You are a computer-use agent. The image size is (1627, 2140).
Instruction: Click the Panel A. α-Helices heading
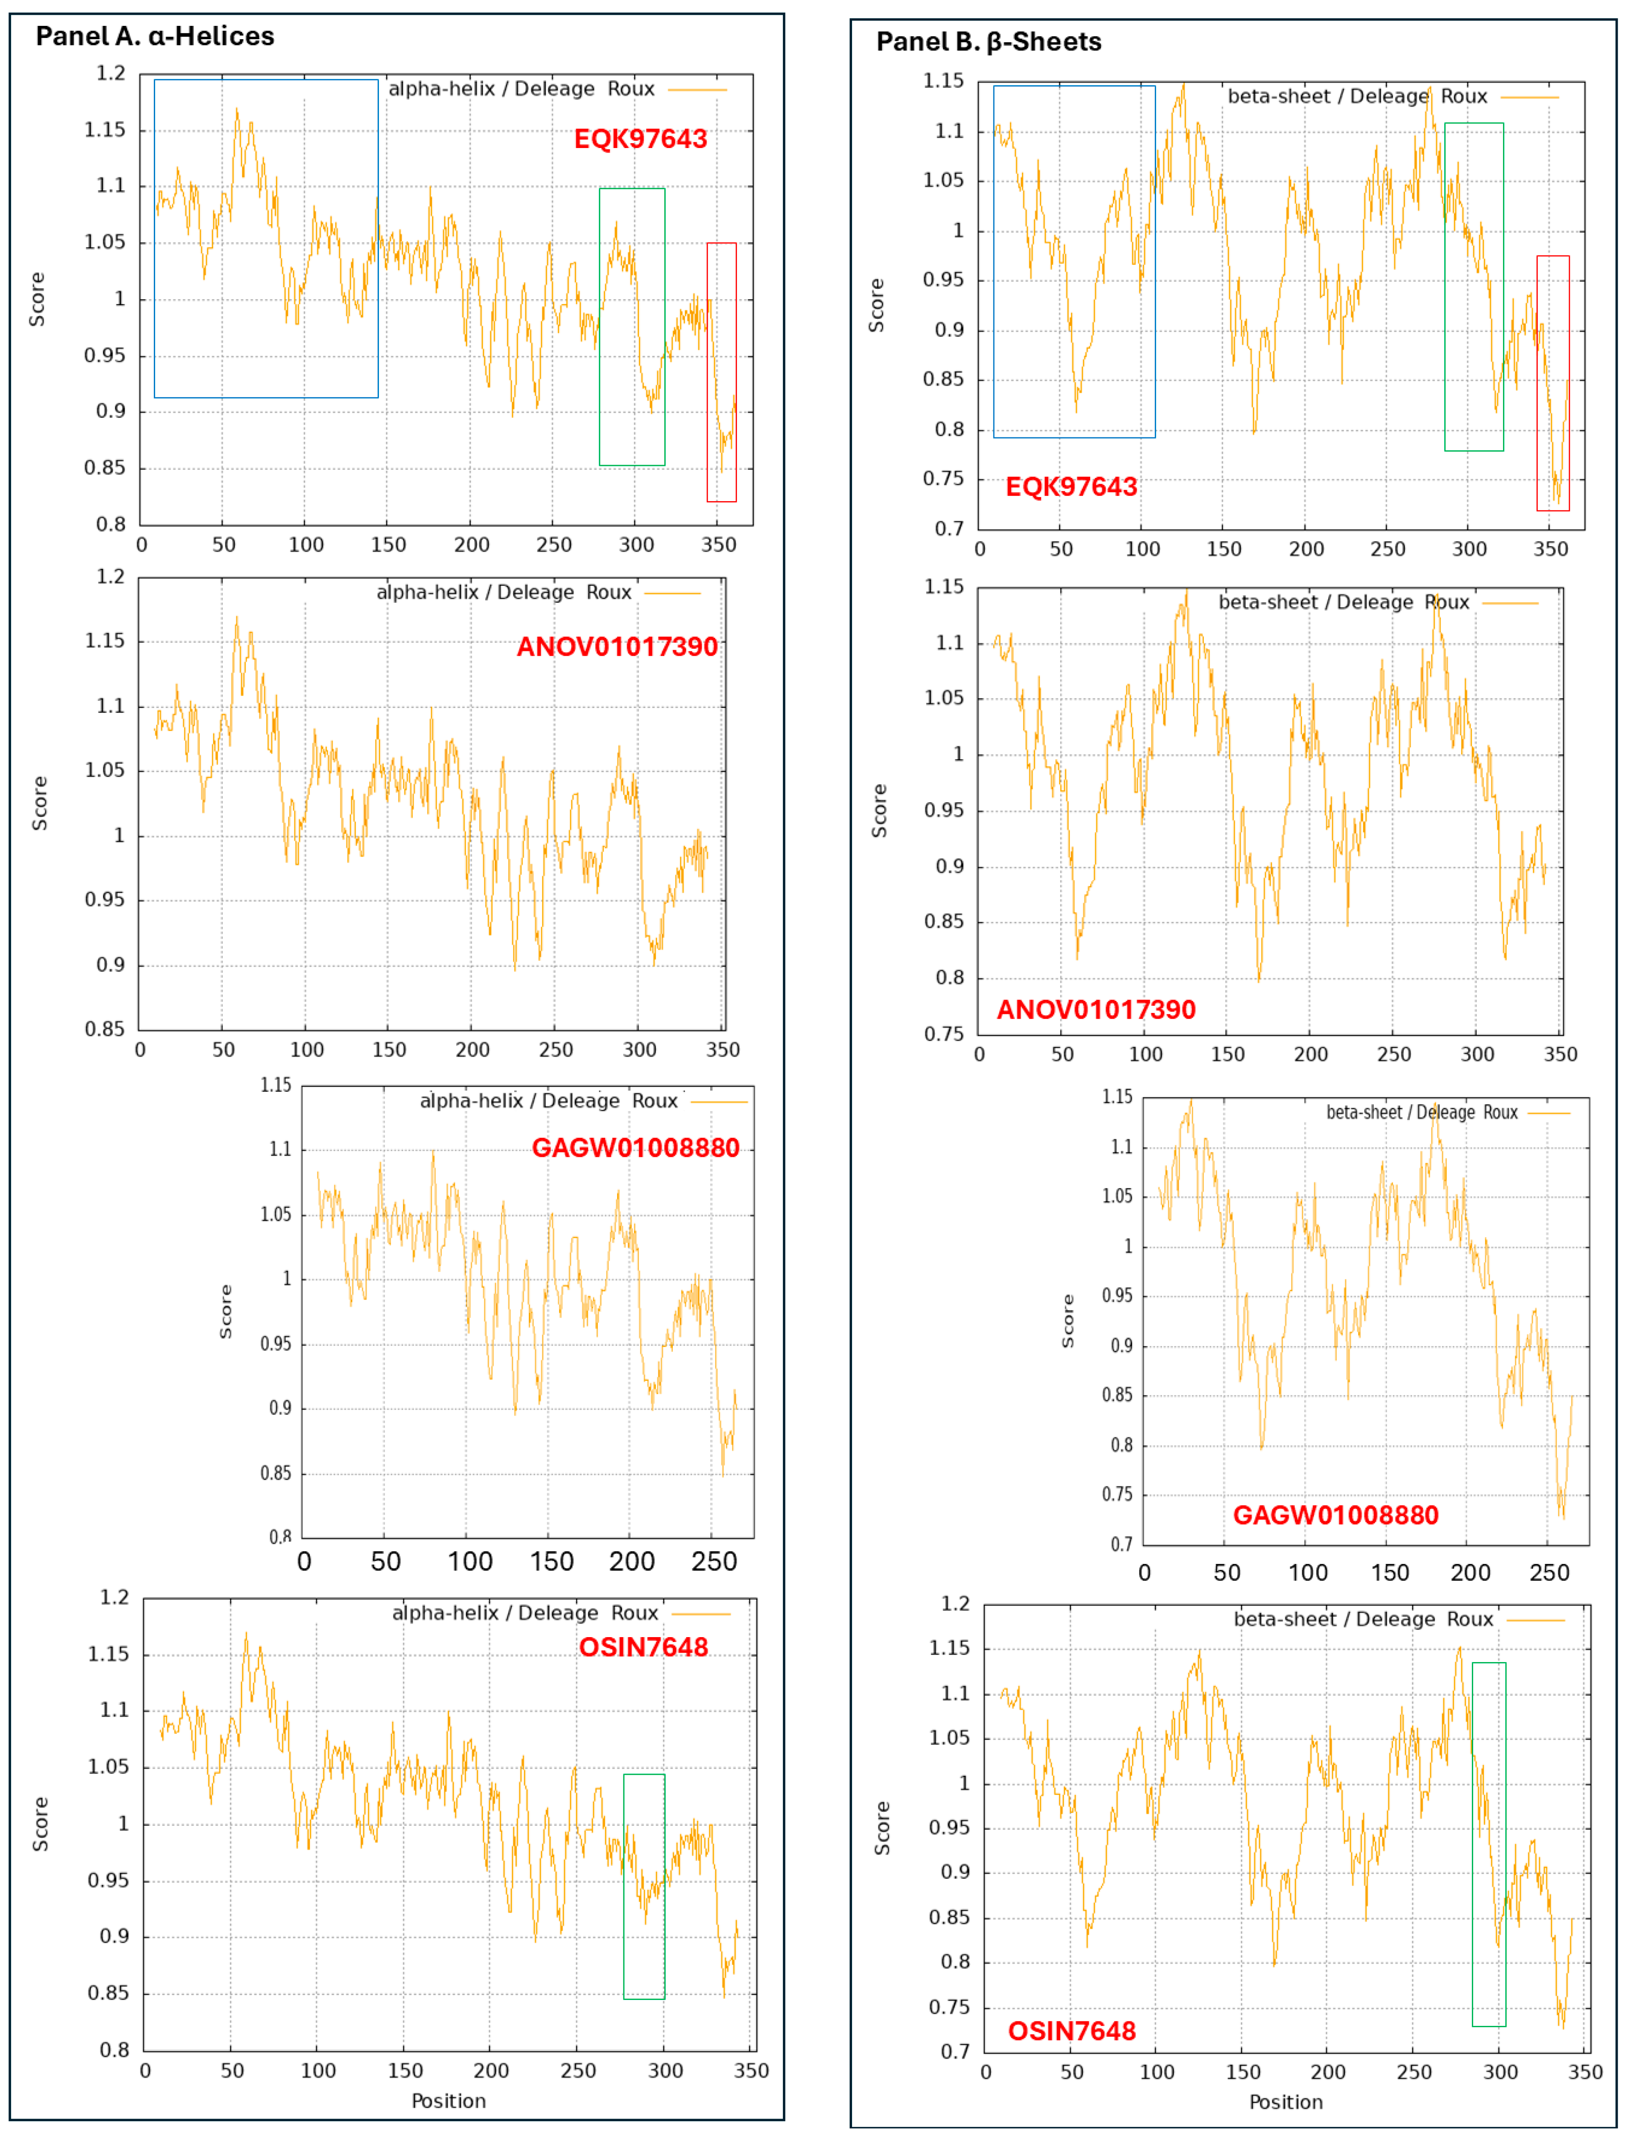tap(155, 37)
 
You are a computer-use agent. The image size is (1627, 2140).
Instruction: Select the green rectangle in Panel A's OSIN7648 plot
tap(644, 1886)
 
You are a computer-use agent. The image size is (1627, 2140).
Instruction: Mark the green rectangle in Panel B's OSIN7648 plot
tap(1488, 1845)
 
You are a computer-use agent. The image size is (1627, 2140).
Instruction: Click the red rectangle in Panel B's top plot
tap(1553, 383)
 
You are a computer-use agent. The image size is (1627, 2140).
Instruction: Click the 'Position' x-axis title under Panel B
tap(1285, 2102)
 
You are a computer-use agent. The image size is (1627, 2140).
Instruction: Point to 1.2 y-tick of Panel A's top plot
tap(111, 74)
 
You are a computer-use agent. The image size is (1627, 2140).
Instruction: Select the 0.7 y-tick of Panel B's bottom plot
tap(955, 2052)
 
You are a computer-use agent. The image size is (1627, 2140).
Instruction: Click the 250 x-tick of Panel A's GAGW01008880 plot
tap(714, 1562)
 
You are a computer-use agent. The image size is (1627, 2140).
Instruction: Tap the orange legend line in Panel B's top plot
tap(1529, 97)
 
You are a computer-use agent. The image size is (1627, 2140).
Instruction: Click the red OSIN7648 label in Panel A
tap(643, 1647)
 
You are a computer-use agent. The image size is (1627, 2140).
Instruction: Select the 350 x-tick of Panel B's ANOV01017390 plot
tap(1559, 1054)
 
